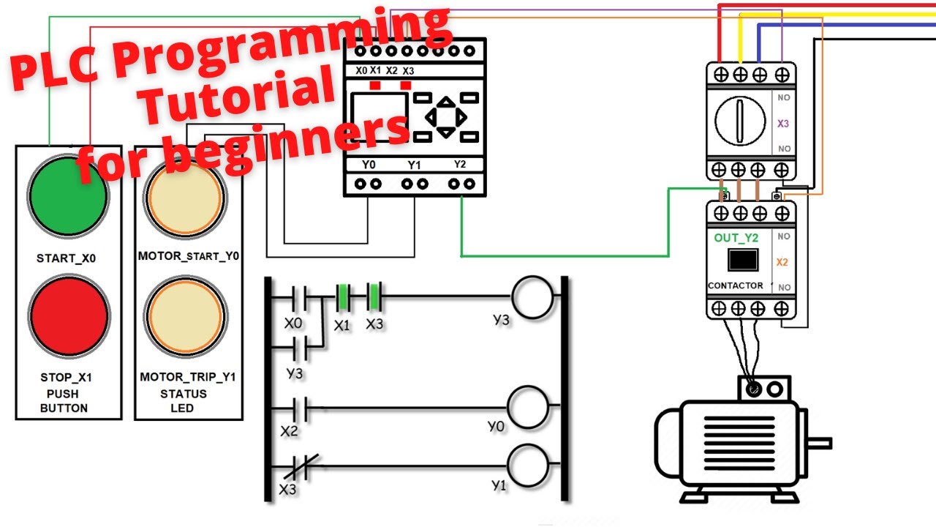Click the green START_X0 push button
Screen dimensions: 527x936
click(x=68, y=195)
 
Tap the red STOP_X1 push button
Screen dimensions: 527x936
click(x=69, y=318)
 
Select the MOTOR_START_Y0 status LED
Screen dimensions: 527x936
click(x=184, y=198)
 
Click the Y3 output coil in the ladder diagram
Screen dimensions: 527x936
click(x=532, y=297)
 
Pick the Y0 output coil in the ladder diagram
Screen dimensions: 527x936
click(x=528, y=407)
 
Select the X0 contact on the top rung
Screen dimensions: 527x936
click(x=298, y=298)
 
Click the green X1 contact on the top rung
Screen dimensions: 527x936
click(x=341, y=298)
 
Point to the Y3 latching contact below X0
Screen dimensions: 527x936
click(x=298, y=350)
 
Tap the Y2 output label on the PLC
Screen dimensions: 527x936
click(x=459, y=164)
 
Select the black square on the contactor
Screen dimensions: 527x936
click(x=743, y=261)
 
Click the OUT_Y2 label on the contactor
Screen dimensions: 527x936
click(x=736, y=238)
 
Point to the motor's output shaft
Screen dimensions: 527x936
click(x=820, y=442)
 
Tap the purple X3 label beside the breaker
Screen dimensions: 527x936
click(x=783, y=124)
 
